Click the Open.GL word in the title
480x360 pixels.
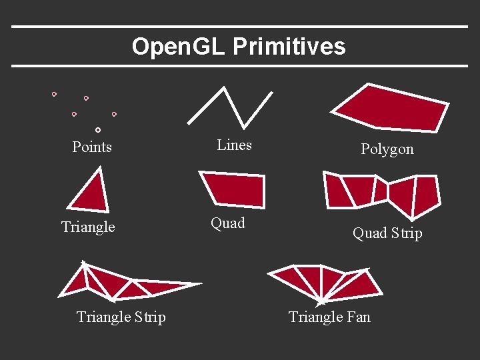pos(179,47)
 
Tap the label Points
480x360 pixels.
pos(92,147)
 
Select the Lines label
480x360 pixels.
pos(235,145)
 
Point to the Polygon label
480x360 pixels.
pos(387,149)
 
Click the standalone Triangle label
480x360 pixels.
pos(88,227)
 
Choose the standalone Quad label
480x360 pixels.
pos(228,223)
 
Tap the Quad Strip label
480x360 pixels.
pos(387,233)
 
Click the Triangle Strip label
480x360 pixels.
pos(121,317)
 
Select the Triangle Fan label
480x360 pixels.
pos(329,317)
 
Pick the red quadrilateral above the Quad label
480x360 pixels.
pos(234,189)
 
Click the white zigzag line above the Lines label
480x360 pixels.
pos(230,107)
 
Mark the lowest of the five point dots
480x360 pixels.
pos(98,129)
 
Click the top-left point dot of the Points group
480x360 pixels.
pos(54,94)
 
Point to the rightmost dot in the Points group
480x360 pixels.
pos(114,114)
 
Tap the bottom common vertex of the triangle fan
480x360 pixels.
pos(323,300)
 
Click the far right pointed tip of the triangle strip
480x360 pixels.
pos(200,284)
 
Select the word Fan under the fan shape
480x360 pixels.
pos(357,317)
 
